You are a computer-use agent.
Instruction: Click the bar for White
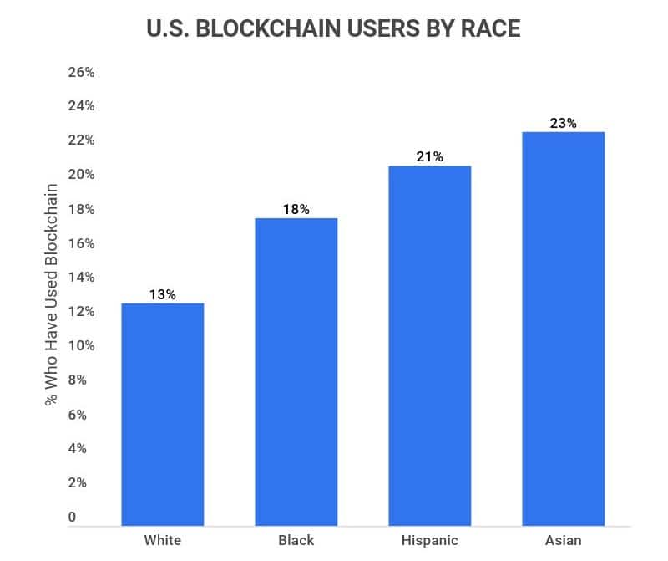163,414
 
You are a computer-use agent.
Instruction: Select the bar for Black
296,371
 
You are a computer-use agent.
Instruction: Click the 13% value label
163,294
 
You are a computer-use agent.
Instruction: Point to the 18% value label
296,209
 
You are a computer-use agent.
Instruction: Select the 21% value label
430,157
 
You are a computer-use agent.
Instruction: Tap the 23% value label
564,123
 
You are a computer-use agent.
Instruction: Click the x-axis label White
163,540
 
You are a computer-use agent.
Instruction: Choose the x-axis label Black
296,540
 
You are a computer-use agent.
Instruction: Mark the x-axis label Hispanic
430,540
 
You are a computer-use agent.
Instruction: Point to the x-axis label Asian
564,540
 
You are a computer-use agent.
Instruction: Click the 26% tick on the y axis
81,73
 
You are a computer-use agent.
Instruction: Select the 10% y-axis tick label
81,346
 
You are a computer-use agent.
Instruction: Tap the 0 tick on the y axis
73,518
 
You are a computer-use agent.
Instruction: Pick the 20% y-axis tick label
81,175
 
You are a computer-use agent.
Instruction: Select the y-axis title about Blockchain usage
52,295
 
